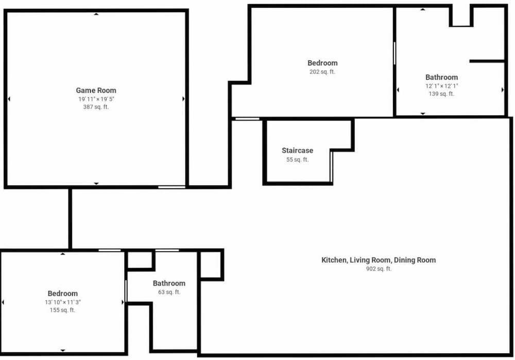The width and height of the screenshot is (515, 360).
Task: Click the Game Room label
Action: (x=96, y=90)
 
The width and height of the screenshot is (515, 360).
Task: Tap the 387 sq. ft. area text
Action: (x=96, y=107)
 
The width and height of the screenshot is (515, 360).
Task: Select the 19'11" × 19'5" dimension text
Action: (x=96, y=99)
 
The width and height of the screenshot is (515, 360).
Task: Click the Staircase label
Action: (x=297, y=150)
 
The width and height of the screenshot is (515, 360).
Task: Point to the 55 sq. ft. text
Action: (x=297, y=160)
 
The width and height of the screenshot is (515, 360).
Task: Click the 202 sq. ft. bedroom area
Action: (x=322, y=72)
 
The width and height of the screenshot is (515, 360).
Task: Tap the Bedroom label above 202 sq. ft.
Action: (x=322, y=63)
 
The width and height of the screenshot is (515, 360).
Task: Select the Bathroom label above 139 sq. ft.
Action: (x=441, y=77)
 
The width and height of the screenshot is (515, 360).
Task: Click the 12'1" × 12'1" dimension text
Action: (x=441, y=85)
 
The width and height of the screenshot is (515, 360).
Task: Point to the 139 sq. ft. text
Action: (x=441, y=94)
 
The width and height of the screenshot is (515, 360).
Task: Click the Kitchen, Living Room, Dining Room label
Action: (x=379, y=260)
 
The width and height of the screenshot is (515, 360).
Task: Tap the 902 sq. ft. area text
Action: (x=379, y=269)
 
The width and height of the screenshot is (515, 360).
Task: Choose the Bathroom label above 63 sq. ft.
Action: (x=169, y=283)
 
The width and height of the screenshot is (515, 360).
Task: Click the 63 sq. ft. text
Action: (x=169, y=292)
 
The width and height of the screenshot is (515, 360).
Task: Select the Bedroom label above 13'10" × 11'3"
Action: (x=62, y=294)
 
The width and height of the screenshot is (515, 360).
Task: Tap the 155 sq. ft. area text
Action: (x=62, y=310)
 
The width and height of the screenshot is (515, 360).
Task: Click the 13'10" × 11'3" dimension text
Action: (x=62, y=302)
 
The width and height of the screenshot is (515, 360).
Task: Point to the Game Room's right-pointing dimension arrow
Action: (x=183, y=99)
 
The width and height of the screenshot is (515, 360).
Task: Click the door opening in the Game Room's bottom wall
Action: (x=171, y=187)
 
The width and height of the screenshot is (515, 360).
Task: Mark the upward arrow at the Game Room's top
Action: (x=96, y=14)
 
